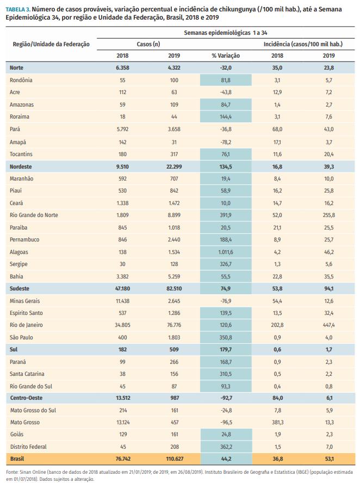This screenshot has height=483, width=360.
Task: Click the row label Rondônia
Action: tap(21, 80)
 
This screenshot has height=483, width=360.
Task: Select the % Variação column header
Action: tap(226, 55)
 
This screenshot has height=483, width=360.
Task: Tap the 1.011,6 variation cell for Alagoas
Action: tap(226, 252)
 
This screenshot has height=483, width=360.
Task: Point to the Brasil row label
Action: tap(17, 459)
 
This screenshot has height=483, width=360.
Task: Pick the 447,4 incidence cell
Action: tap(328, 325)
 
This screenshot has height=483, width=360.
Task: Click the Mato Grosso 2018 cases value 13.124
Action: tap(122, 422)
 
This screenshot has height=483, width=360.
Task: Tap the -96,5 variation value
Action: tap(226, 422)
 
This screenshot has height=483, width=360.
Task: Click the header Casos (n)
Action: tap(148, 44)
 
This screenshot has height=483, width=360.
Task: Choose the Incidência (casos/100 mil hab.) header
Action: tap(303, 44)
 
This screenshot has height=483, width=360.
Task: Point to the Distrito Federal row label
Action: tap(29, 447)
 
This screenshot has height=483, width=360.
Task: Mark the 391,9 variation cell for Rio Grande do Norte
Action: tap(226, 215)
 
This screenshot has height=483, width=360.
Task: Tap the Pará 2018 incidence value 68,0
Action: tap(277, 129)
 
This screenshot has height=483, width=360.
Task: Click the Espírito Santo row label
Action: tap(27, 313)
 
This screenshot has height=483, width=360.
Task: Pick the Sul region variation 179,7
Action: tap(226, 350)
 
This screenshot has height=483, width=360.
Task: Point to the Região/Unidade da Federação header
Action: tap(51, 44)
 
